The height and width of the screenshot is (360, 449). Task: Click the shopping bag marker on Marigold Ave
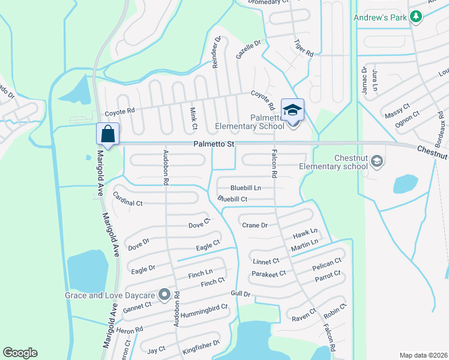[x=108, y=133]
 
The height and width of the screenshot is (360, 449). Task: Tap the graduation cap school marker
[x=292, y=110]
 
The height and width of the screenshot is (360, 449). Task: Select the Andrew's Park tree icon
[x=415, y=17]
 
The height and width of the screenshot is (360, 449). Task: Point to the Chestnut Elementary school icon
[x=377, y=161]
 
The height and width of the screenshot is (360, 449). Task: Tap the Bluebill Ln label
[x=246, y=188]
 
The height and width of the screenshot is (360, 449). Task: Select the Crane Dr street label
[x=255, y=225]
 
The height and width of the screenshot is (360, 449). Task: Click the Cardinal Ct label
[x=127, y=202]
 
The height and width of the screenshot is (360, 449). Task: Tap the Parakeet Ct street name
[x=268, y=274]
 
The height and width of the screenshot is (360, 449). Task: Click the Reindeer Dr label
[x=217, y=52]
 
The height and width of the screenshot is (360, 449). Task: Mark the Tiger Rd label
[x=303, y=47]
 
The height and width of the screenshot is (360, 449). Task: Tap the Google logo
[x=20, y=353]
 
